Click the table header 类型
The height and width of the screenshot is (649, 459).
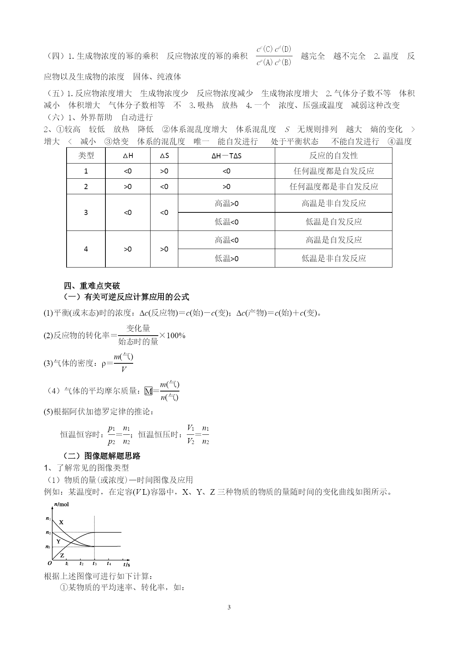click(x=86, y=155)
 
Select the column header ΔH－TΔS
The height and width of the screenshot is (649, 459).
click(x=226, y=156)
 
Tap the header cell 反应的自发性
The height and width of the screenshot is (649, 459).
click(x=333, y=155)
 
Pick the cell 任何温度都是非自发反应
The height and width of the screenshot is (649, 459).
click(x=333, y=186)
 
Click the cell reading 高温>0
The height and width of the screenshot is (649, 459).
click(x=226, y=203)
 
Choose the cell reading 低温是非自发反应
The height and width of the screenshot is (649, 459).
click(x=333, y=258)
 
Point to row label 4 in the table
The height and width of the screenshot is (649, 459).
click(x=86, y=249)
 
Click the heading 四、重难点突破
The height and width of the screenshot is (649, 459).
click(x=92, y=286)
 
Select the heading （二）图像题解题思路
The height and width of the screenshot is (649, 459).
click(x=102, y=456)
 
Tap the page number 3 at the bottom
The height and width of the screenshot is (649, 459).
click(x=229, y=607)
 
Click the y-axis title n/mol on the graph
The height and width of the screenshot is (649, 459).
click(x=61, y=504)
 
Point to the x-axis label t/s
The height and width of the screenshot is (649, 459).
click(x=126, y=565)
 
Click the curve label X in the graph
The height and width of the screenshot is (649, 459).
click(x=61, y=522)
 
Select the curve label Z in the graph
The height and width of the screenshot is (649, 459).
click(x=62, y=555)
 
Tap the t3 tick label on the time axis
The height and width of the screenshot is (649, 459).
click(x=95, y=564)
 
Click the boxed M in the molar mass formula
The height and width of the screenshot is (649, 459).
click(x=148, y=391)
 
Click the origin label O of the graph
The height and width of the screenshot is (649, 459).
click(x=50, y=564)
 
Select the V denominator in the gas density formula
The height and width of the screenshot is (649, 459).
click(x=124, y=369)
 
